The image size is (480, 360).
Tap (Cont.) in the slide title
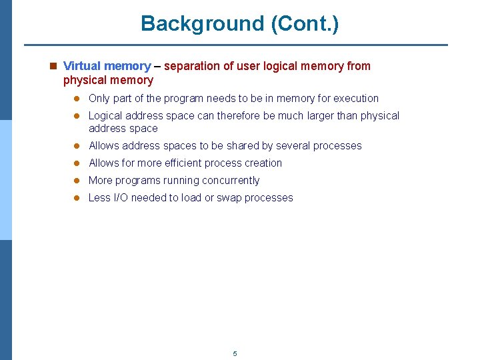305,24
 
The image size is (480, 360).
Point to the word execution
355,99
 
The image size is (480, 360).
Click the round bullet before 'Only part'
77,99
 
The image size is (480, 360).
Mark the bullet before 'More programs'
77,181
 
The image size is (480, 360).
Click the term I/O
121,198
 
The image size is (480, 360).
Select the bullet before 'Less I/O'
77,198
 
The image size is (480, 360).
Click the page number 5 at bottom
235,353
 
